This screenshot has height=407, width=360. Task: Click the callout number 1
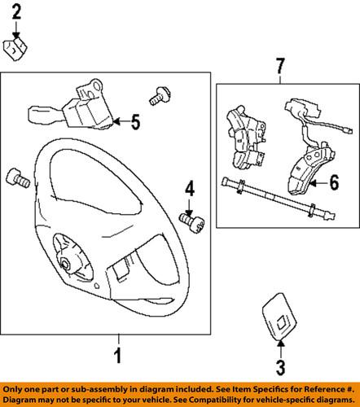coord(117,356)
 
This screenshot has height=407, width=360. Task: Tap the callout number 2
coord(16,12)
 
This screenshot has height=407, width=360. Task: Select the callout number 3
coord(281,368)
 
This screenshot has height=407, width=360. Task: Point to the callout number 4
coord(190,189)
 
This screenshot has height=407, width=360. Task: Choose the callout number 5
coord(135,122)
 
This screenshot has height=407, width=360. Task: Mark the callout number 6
coord(334,182)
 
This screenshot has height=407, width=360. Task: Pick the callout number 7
coord(280,66)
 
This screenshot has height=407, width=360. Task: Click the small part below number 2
coord(15,50)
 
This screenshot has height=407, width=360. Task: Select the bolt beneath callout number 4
coord(192,223)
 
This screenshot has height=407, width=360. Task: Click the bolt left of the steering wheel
coord(18,178)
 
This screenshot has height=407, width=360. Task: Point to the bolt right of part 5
coord(160,96)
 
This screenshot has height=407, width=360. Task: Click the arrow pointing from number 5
coord(121,122)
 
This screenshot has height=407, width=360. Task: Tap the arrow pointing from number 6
coord(318,183)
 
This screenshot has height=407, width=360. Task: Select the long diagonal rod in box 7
coord(279,199)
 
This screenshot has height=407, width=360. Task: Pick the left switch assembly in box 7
coord(245,137)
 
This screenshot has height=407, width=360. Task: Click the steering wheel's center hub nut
coord(65,265)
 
